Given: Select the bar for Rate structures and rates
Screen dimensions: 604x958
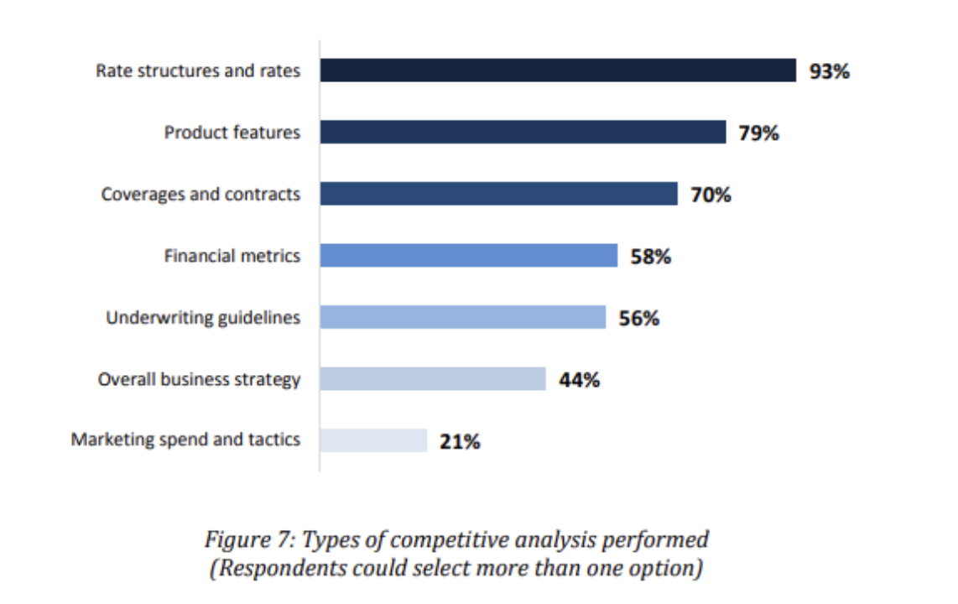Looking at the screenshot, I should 557,70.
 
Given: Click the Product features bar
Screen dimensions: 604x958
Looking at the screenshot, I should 523,132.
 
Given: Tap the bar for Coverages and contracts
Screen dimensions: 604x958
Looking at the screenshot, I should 498,194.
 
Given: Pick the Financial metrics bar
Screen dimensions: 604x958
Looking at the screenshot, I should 468,256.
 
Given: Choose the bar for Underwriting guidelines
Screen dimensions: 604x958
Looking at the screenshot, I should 462,317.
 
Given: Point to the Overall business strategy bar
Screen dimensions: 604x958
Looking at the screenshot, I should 432,379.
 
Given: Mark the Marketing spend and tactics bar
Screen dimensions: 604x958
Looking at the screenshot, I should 373,440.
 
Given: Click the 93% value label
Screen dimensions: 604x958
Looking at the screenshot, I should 829,71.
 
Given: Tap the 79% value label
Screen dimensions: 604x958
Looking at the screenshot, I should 758,133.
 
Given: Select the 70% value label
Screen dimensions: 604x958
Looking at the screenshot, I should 711,195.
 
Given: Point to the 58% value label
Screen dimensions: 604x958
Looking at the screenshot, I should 650,257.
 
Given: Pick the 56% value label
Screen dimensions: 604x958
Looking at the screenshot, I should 638,318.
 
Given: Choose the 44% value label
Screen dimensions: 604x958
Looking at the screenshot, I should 579,380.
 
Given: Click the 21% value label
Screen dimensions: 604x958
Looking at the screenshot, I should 460,442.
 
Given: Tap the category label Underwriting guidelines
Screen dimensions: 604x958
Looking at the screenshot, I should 202,318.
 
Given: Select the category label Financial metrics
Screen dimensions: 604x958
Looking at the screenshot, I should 232,256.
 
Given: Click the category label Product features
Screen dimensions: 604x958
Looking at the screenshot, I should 232,133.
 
